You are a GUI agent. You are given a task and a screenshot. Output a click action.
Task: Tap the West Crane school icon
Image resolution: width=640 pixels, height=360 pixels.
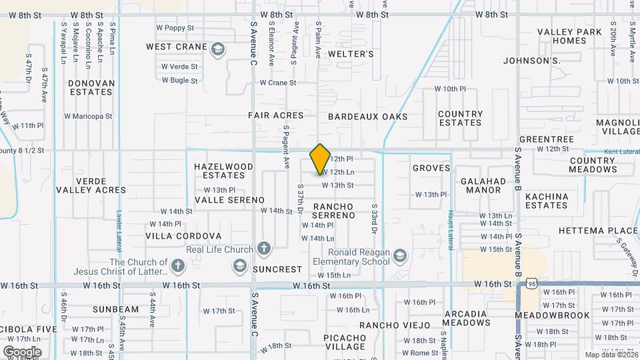(217, 49)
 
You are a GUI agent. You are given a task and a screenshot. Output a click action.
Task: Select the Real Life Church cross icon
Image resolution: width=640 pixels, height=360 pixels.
(264, 250)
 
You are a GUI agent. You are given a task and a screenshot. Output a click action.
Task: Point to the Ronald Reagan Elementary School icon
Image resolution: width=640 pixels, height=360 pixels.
(399, 257)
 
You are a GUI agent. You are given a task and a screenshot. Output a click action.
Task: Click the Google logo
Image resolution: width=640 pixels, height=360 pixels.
(23, 351)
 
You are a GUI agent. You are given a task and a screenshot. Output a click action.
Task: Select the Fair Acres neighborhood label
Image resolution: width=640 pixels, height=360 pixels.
(276, 115)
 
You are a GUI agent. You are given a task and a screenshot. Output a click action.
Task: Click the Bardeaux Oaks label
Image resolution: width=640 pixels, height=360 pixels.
(367, 117)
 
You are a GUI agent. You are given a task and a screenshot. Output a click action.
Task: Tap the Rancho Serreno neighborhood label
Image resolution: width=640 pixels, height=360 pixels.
(333, 211)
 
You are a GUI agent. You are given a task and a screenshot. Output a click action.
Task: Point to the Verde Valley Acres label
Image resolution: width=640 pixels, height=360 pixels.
(91, 185)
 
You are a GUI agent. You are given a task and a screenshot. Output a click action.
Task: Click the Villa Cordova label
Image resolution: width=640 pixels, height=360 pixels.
(183, 236)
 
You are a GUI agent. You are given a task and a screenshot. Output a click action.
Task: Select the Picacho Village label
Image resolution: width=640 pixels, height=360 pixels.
(344, 342)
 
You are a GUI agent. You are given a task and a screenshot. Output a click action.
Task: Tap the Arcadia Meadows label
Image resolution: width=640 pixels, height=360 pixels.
(466, 318)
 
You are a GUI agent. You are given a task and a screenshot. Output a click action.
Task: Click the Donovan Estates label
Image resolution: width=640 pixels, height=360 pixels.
(91, 88)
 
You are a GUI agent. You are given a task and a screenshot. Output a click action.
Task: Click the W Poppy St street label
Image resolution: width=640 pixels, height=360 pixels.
(175, 29)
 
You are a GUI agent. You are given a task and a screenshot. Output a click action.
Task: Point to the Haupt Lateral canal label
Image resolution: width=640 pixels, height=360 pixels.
(451, 227)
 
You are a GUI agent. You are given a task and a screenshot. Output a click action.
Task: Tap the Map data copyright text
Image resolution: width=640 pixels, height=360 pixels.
(610, 355)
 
